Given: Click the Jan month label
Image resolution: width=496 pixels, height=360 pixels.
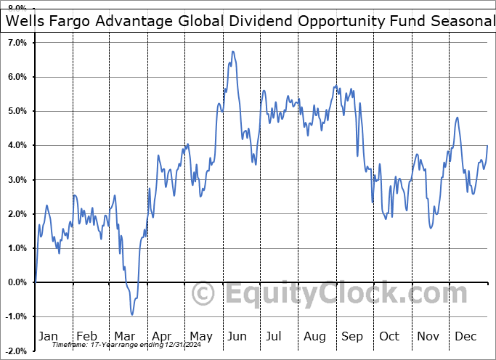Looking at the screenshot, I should click(47, 336).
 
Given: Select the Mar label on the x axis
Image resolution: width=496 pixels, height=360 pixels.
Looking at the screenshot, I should click(125, 336).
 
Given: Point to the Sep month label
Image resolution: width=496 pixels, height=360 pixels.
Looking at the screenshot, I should click(352, 336).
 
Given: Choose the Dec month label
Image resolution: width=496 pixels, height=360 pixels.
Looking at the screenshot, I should click(465, 336).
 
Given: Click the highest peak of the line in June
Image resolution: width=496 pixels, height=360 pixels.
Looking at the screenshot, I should click(232, 52).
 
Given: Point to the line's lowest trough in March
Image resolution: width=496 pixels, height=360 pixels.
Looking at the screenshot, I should click(132, 314).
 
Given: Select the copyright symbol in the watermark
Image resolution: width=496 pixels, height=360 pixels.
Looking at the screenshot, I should click(203, 294).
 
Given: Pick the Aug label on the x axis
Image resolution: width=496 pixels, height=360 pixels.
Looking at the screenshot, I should click(314, 336).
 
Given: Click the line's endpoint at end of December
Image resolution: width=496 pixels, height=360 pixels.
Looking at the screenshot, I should click(487, 146).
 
